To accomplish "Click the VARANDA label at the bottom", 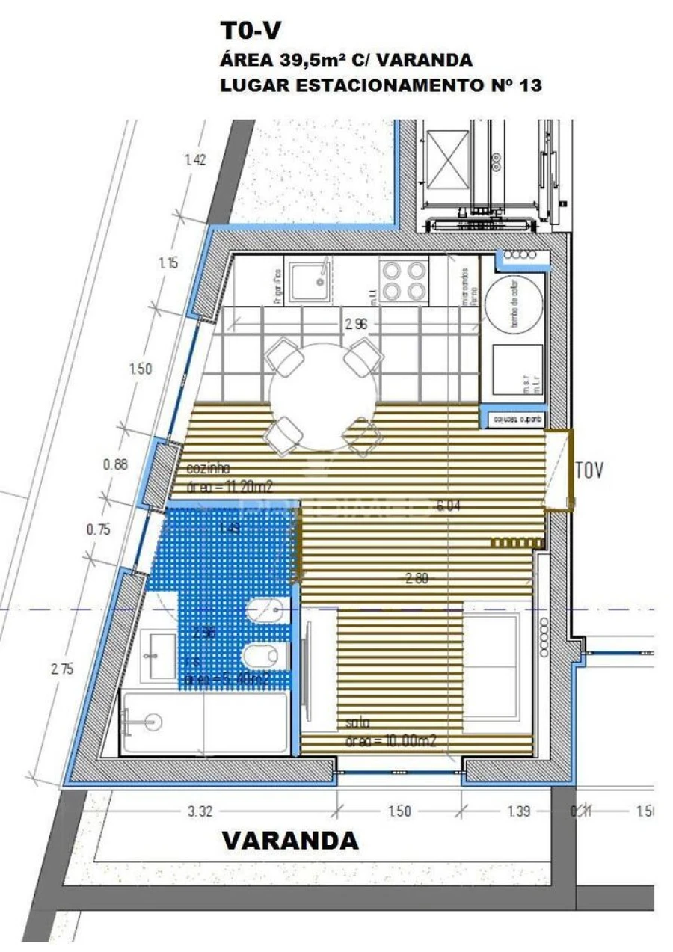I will [290, 841].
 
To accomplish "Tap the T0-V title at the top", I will [251, 32].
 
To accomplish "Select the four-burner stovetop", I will [404, 280].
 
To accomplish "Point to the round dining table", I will [322, 396].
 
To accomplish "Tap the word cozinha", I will [206, 470].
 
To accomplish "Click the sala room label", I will [358, 723].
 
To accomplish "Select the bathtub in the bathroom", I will [204, 722].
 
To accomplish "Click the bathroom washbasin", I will [159, 656].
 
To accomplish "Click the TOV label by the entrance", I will [588, 470].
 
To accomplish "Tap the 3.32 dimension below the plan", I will [196, 811].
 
